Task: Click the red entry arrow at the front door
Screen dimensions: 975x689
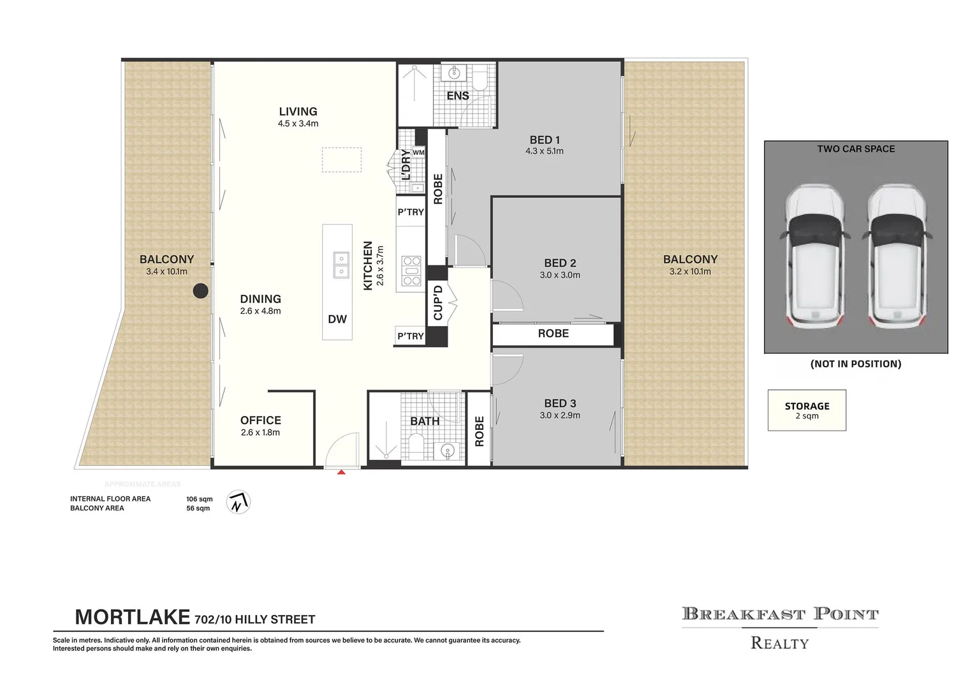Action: pyautogui.click(x=341, y=471)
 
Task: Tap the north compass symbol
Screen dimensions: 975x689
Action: pyautogui.click(x=238, y=502)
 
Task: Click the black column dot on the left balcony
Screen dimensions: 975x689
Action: pyautogui.click(x=200, y=290)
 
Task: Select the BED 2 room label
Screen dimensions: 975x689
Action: pyautogui.click(x=560, y=263)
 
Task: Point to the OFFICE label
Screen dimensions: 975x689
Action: pyautogui.click(x=261, y=420)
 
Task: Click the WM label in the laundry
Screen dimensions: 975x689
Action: pyautogui.click(x=418, y=152)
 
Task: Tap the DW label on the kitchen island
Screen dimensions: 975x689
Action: pyautogui.click(x=337, y=319)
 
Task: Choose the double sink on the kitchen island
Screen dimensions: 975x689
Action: pyautogui.click(x=341, y=265)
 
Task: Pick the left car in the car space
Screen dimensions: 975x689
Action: pyautogui.click(x=814, y=256)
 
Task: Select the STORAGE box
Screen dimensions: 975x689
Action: pyautogui.click(x=807, y=410)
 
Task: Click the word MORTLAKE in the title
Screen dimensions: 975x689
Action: pyautogui.click(x=133, y=617)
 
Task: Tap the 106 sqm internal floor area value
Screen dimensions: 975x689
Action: pyautogui.click(x=200, y=499)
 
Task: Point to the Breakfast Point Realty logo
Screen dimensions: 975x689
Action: pyautogui.click(x=780, y=628)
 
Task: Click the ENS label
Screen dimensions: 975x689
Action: pyautogui.click(x=458, y=96)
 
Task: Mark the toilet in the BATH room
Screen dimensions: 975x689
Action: pyautogui.click(x=416, y=446)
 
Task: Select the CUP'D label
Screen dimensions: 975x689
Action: pyautogui.click(x=438, y=303)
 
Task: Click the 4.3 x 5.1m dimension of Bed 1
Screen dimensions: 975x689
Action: pyautogui.click(x=544, y=151)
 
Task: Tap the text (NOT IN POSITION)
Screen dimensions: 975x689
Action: pyautogui.click(x=856, y=364)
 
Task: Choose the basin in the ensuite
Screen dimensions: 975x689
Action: pyautogui.click(x=454, y=72)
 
